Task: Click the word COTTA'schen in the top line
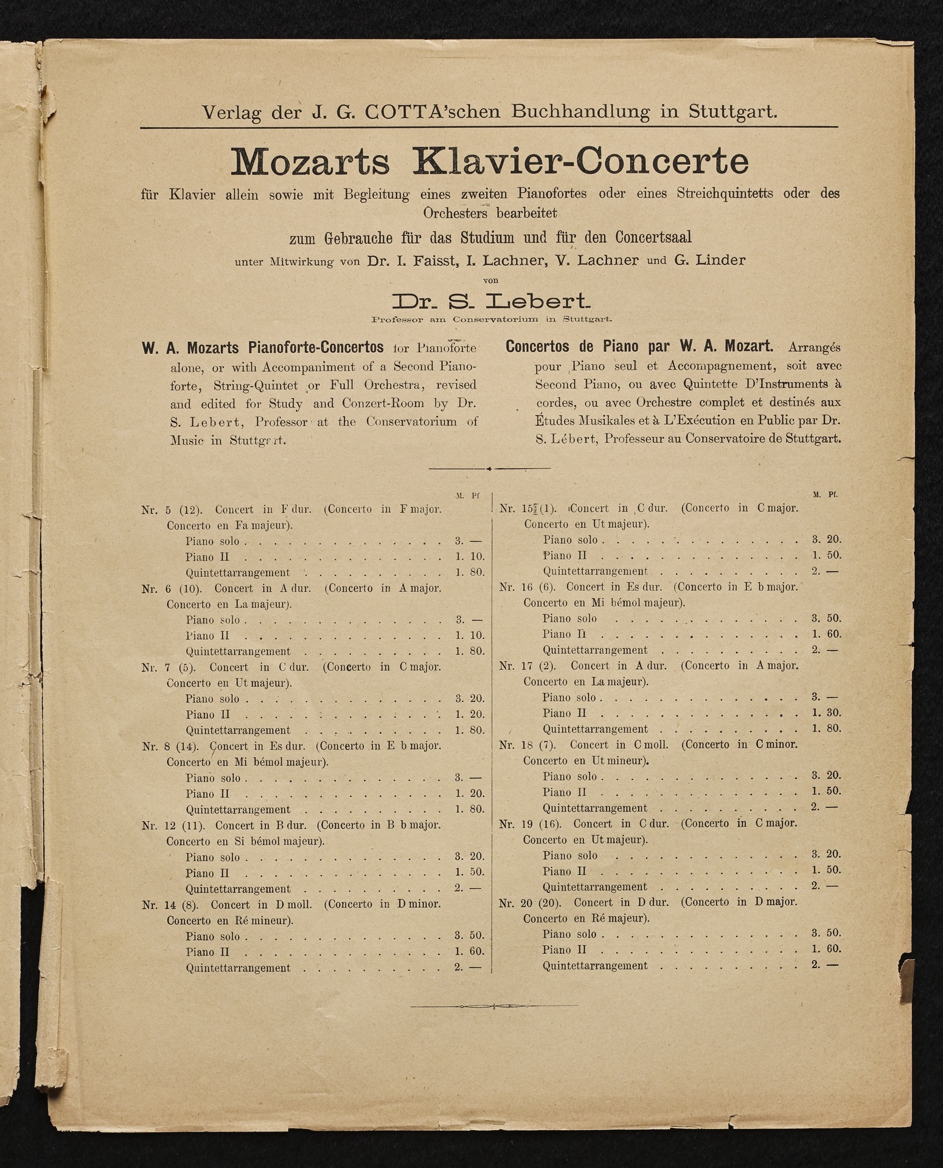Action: click(439, 112)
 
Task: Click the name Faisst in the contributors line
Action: click(431, 260)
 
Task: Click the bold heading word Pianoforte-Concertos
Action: click(316, 348)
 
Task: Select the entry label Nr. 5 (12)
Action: click(175, 509)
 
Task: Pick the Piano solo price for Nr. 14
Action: click(469, 936)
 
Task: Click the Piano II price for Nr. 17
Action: click(826, 713)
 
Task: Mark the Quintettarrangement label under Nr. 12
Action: click(238, 889)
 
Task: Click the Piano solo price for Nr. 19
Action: click(826, 855)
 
